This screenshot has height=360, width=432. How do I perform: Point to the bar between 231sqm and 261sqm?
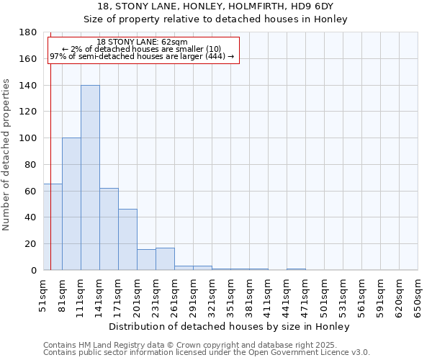point(165,259)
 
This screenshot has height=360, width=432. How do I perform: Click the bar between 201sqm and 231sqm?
point(146,260)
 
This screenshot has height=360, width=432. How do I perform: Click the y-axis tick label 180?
point(28,32)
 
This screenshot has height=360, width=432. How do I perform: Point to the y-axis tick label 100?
point(28,138)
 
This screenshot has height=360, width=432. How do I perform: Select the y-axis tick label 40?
point(31,217)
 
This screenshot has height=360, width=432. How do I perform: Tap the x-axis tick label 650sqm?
point(418,295)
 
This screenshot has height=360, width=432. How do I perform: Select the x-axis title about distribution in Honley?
point(230,326)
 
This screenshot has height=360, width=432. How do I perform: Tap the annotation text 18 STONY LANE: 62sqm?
point(142,42)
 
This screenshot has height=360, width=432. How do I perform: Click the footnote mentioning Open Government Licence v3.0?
point(207,353)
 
